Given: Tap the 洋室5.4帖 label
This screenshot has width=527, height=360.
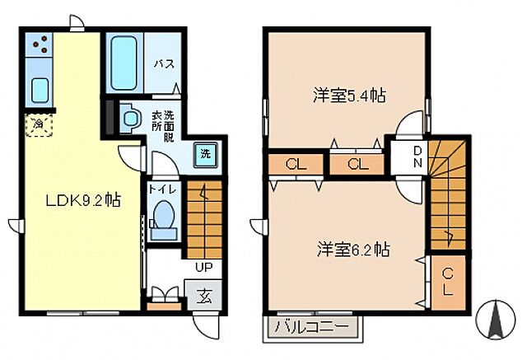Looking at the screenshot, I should (349, 96).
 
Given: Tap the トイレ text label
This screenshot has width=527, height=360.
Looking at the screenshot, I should (162, 189).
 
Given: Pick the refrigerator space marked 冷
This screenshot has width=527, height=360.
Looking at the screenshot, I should (38, 124).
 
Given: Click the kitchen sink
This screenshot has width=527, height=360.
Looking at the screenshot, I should (40, 88).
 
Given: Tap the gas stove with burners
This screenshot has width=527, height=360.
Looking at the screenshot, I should (39, 45).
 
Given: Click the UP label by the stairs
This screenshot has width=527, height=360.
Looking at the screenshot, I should (203, 267).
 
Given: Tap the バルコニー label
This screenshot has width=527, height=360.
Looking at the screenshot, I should (312, 326).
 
